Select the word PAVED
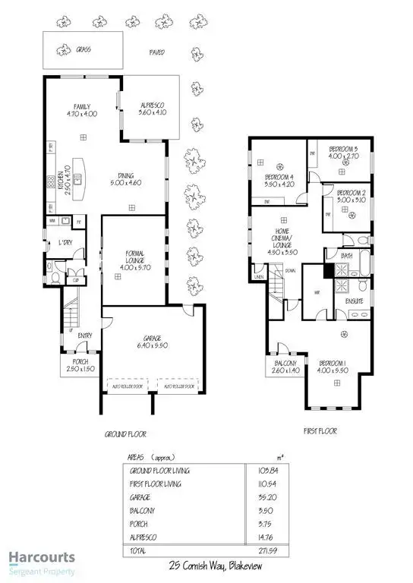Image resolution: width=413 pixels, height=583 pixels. coord(156,53)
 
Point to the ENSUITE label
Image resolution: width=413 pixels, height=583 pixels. coord(355,301)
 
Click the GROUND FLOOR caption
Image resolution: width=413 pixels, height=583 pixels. coord(125,434)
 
